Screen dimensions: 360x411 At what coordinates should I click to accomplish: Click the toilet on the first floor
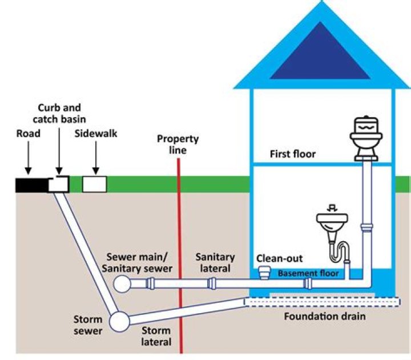(x=368, y=137)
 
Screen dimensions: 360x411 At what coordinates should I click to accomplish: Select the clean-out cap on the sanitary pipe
(x=264, y=272)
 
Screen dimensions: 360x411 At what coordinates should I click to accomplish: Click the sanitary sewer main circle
(x=122, y=283)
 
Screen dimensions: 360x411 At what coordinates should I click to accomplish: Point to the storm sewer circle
(x=119, y=322)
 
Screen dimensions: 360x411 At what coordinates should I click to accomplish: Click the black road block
(x=32, y=184)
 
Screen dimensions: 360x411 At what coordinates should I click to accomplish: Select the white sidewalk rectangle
(x=95, y=183)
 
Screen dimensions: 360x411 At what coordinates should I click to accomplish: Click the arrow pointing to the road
(x=27, y=163)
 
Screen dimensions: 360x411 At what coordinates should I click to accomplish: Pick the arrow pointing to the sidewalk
(x=95, y=162)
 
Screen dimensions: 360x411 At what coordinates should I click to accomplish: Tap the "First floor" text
(x=293, y=154)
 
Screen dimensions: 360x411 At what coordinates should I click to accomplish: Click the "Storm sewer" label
(x=88, y=325)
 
